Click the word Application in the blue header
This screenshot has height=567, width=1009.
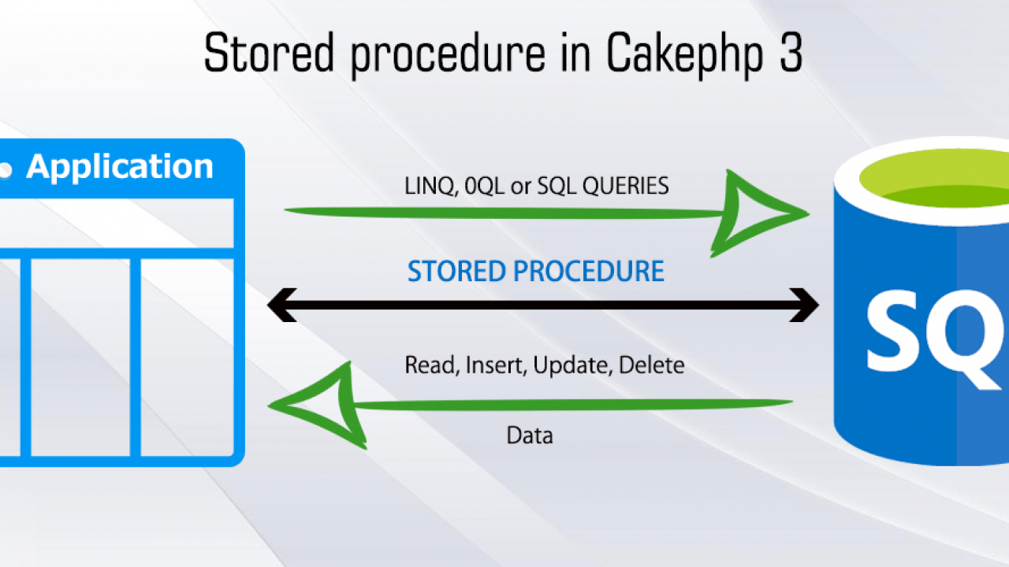point(120,167)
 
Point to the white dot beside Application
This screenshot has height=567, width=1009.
point(6,169)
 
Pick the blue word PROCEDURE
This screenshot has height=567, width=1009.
point(589,272)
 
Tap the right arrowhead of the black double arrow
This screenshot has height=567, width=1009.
point(805,305)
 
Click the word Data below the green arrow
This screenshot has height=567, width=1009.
point(529,435)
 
